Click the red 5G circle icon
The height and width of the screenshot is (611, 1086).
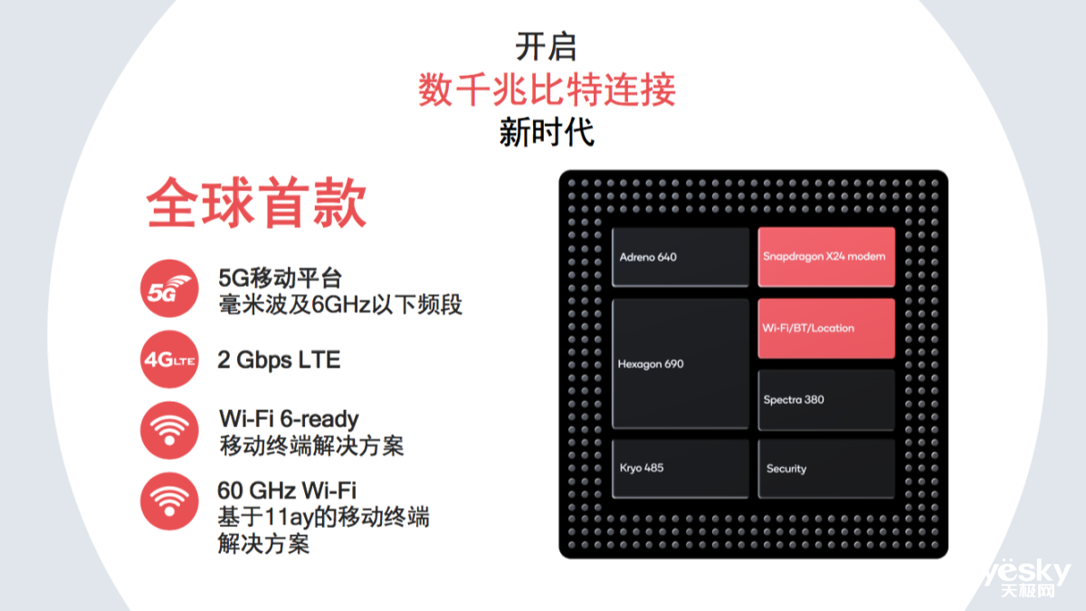pos(169,288)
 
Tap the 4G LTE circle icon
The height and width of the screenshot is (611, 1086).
pos(169,359)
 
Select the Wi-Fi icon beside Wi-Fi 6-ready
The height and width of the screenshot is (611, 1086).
pos(169,430)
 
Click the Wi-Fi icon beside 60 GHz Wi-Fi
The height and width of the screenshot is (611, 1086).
pos(169,501)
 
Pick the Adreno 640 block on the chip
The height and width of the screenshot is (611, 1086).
pos(681,257)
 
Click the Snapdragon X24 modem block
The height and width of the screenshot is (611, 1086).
pos(826,257)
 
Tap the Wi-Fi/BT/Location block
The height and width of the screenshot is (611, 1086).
pos(826,329)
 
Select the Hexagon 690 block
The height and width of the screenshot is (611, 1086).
pos(681,364)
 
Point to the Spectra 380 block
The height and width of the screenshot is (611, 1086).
pos(826,400)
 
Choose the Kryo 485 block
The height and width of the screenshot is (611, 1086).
pos(681,469)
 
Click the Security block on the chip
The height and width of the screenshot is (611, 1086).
pos(826,469)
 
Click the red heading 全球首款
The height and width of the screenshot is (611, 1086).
pos(256,203)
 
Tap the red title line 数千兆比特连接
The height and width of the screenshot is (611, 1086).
pos(547,90)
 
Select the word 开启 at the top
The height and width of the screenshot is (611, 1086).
pos(546,47)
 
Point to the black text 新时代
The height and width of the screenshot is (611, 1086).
pos(547,132)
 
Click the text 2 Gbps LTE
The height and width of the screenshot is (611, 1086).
pos(279,360)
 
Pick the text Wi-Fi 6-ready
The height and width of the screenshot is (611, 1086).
pos(289,419)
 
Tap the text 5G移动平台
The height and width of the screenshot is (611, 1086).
pos(281,279)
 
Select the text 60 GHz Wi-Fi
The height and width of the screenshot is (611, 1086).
pos(287,491)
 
